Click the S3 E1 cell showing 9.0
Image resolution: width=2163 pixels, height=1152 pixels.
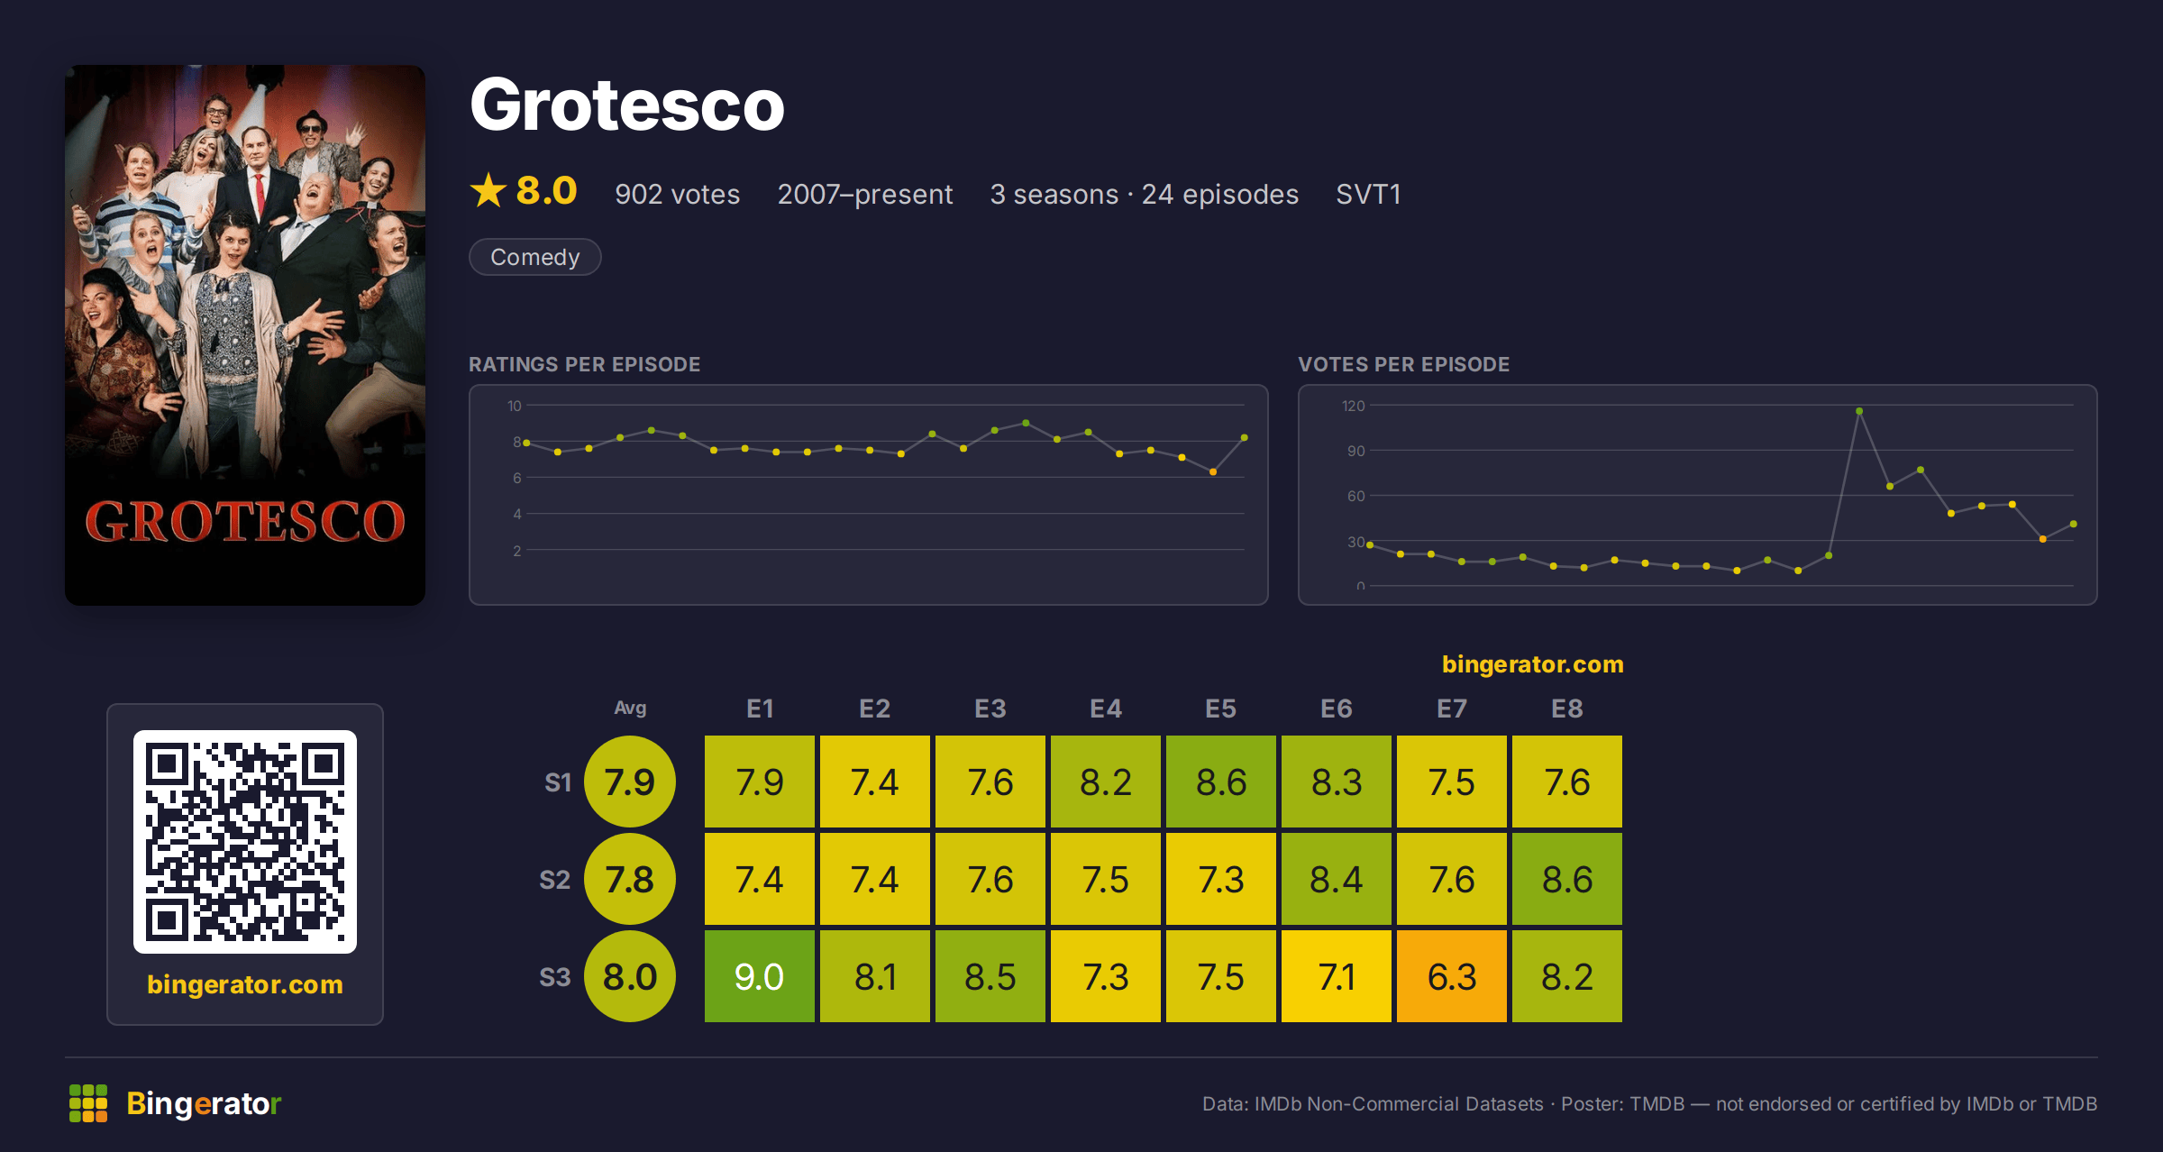pyautogui.click(x=759, y=976)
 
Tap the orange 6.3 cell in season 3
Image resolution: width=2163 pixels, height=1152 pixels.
pyautogui.click(x=1451, y=976)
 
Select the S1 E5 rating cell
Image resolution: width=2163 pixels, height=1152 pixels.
pyautogui.click(x=1220, y=782)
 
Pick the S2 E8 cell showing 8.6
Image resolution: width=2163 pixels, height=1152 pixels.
pyautogui.click(x=1566, y=879)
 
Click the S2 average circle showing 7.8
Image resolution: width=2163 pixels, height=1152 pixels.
pyautogui.click(x=630, y=879)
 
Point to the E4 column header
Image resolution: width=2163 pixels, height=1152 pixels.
pyautogui.click(x=1105, y=709)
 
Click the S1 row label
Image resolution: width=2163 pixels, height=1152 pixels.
pyautogui.click(x=558, y=782)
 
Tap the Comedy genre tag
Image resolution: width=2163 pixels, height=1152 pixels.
pyautogui.click(x=534, y=257)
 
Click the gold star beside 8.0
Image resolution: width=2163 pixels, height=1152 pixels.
pyautogui.click(x=488, y=190)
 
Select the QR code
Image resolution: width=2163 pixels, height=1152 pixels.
pyautogui.click(x=245, y=842)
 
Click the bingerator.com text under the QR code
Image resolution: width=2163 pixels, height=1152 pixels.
pyautogui.click(x=245, y=984)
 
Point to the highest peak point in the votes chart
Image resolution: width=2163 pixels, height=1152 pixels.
pyautogui.click(x=1859, y=411)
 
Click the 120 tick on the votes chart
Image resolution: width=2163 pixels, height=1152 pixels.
pyautogui.click(x=1353, y=406)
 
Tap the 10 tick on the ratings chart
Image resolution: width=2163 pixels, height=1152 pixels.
pyautogui.click(x=514, y=406)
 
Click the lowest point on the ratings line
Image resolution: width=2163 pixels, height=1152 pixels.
pyautogui.click(x=1213, y=471)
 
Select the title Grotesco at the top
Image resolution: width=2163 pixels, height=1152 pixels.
pyautogui.click(x=627, y=105)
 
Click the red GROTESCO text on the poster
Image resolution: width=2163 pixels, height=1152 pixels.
pyautogui.click(x=245, y=521)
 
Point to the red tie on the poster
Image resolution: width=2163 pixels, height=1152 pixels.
pyautogui.click(x=260, y=194)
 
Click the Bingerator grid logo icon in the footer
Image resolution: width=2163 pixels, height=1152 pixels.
pyautogui.click(x=88, y=1103)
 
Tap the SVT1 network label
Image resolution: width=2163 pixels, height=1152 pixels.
pyautogui.click(x=1368, y=195)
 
